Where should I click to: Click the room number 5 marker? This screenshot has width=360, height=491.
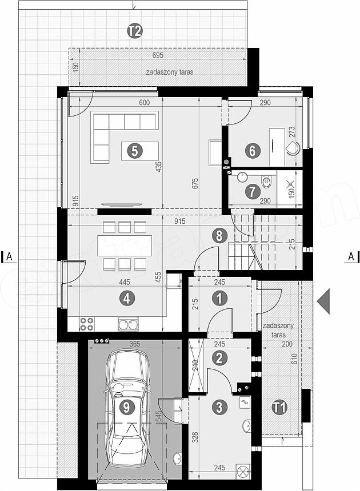(x=134, y=151)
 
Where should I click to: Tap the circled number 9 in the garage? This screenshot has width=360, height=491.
(x=127, y=407)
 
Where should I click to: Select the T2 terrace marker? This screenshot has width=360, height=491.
(x=135, y=31)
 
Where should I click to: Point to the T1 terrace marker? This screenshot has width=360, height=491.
(x=279, y=408)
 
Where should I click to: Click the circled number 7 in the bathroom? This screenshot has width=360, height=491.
(x=253, y=192)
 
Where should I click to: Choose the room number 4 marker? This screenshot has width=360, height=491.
(x=127, y=299)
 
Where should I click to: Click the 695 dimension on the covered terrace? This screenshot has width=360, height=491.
(x=158, y=55)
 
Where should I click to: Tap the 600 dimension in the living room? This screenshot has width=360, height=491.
(x=144, y=102)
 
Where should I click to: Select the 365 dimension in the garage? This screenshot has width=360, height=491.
(x=135, y=344)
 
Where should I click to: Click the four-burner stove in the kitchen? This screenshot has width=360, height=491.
(x=86, y=324)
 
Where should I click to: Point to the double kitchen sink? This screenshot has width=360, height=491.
(x=128, y=324)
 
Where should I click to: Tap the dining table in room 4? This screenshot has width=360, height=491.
(x=125, y=246)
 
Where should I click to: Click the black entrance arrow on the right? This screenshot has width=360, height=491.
(x=323, y=301)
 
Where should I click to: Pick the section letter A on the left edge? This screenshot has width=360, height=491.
(x=9, y=256)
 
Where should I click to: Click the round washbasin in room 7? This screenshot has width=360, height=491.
(x=242, y=177)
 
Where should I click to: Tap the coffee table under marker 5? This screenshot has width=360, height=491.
(x=140, y=151)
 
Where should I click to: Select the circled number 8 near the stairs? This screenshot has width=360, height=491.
(x=219, y=235)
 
